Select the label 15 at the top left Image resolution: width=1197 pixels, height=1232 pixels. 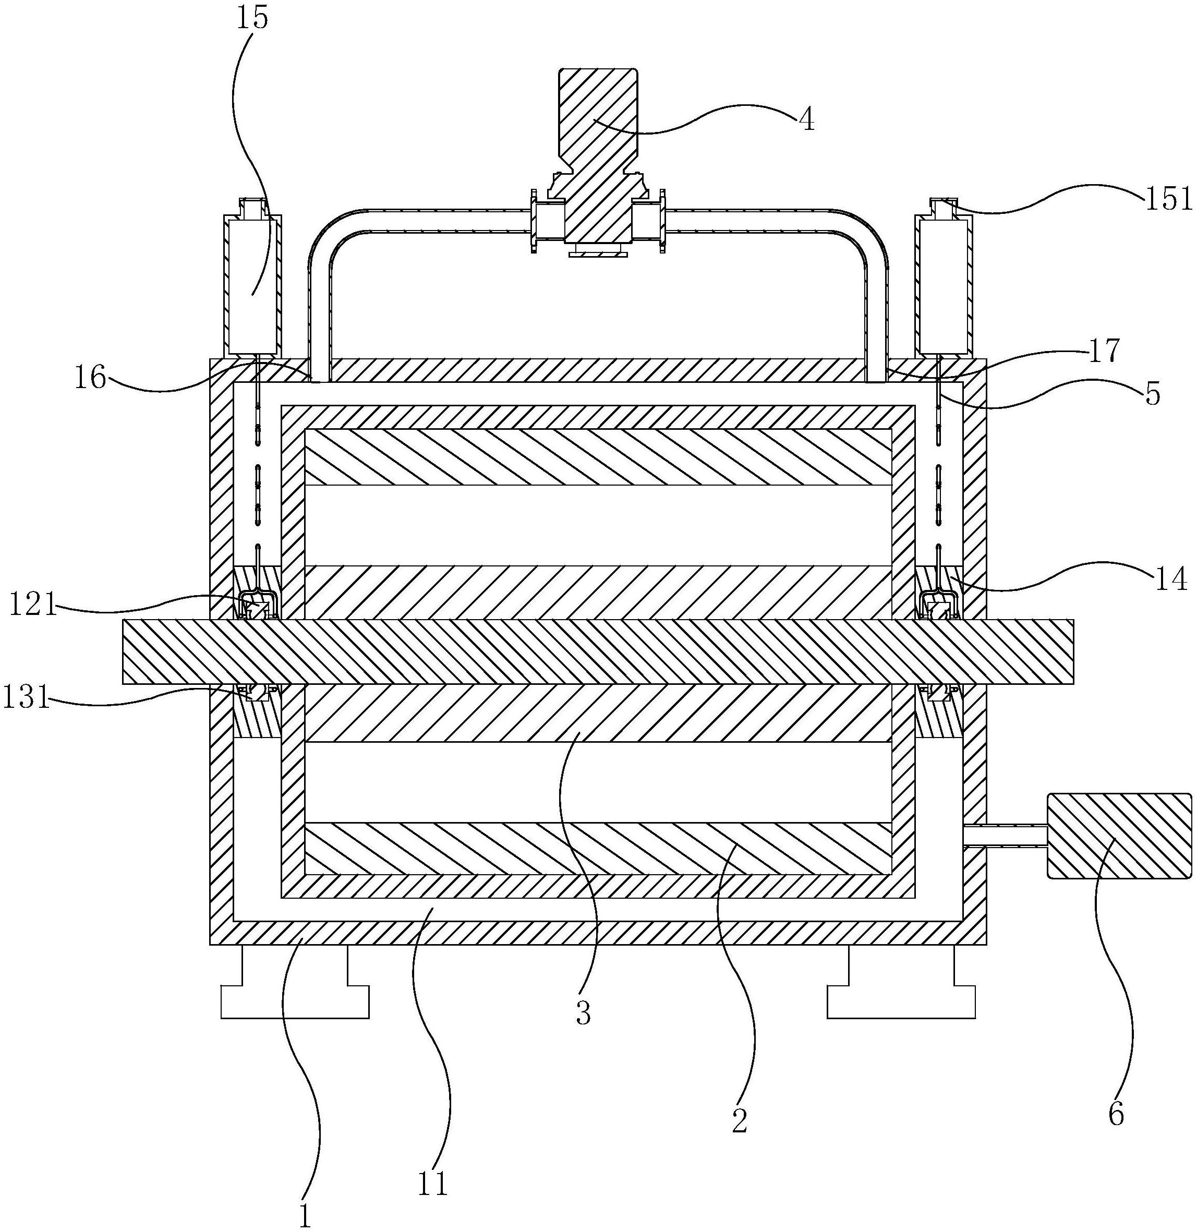(253, 18)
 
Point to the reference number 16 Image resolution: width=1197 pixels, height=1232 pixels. (91, 379)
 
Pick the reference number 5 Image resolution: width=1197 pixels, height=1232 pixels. (1152, 394)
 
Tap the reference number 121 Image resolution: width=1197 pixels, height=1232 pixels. (33, 607)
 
